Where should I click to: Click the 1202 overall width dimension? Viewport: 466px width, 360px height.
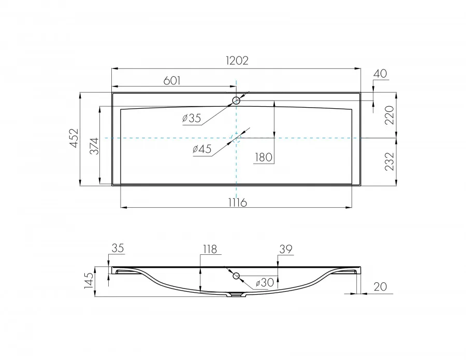[237, 61]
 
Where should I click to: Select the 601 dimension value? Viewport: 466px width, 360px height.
[172, 81]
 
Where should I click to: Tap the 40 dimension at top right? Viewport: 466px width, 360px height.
[380, 74]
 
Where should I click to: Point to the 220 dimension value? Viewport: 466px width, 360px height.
[389, 115]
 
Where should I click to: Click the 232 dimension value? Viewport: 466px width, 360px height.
[389, 162]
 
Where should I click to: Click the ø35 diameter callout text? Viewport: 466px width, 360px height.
[192, 118]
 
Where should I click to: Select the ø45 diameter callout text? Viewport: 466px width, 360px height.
[202, 149]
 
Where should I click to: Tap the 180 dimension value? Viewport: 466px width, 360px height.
[264, 157]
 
